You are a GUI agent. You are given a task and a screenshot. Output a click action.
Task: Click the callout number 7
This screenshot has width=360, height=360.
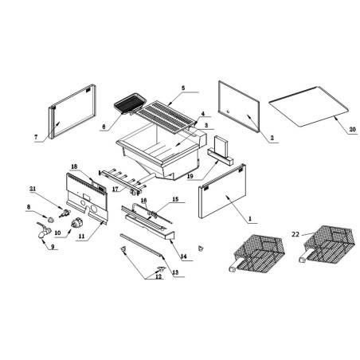[36, 138]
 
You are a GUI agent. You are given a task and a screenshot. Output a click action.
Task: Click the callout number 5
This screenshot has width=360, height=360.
[182, 88]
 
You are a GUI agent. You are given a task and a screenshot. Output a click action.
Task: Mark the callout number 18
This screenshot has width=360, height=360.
[73, 167]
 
